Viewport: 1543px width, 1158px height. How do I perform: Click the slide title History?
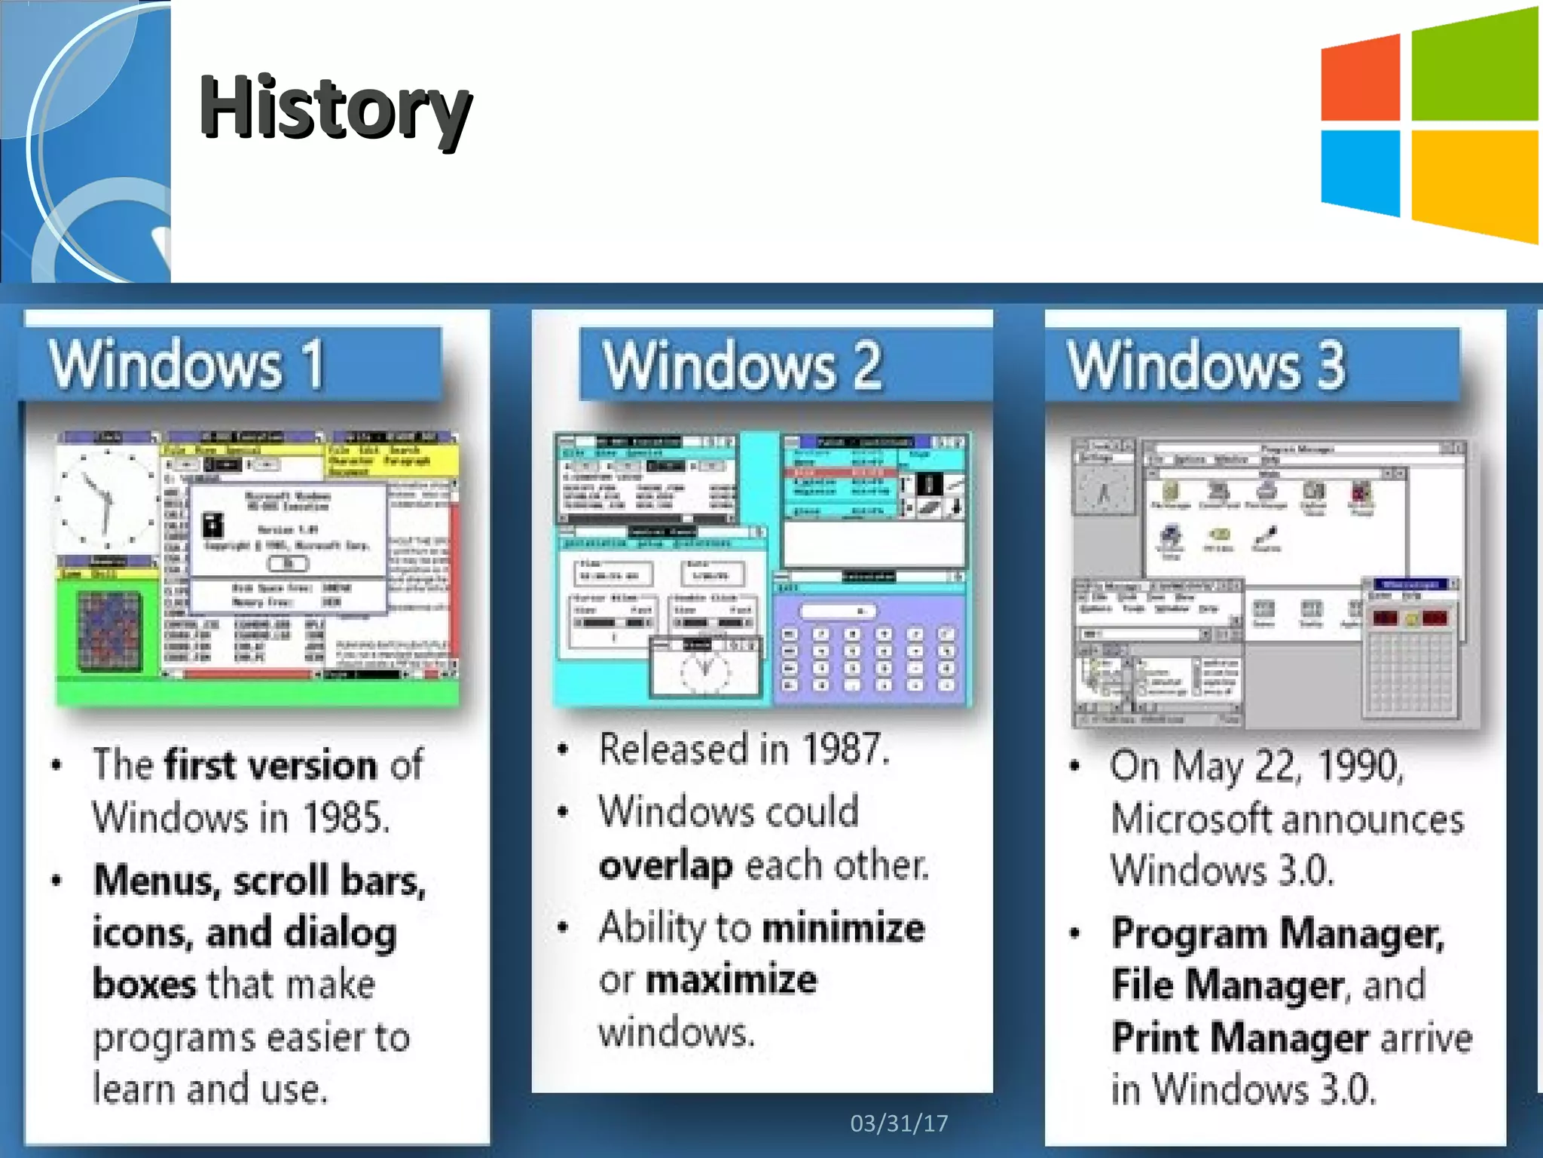click(x=335, y=108)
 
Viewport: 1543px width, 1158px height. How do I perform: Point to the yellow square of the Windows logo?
click(x=1474, y=184)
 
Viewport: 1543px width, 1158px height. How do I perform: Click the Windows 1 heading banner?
click(x=231, y=364)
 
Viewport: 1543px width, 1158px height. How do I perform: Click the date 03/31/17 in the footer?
click(x=899, y=1123)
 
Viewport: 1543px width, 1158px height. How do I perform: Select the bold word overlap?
click(x=665, y=865)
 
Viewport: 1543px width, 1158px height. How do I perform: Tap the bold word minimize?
click(x=844, y=927)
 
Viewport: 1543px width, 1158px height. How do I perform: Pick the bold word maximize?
click(x=731, y=980)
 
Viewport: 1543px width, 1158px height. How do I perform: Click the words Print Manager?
click(x=1239, y=1037)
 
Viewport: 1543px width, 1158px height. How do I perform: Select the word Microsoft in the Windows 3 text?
click(x=1191, y=819)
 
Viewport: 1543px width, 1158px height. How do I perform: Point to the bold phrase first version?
click(x=271, y=764)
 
